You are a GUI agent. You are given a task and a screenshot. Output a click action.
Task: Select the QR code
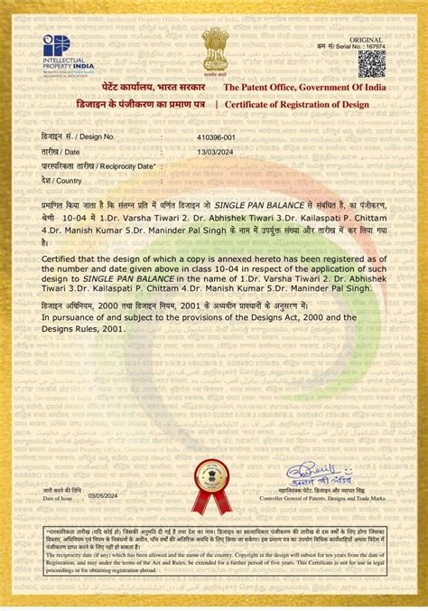371,64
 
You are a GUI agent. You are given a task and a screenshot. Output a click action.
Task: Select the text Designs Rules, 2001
84,329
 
